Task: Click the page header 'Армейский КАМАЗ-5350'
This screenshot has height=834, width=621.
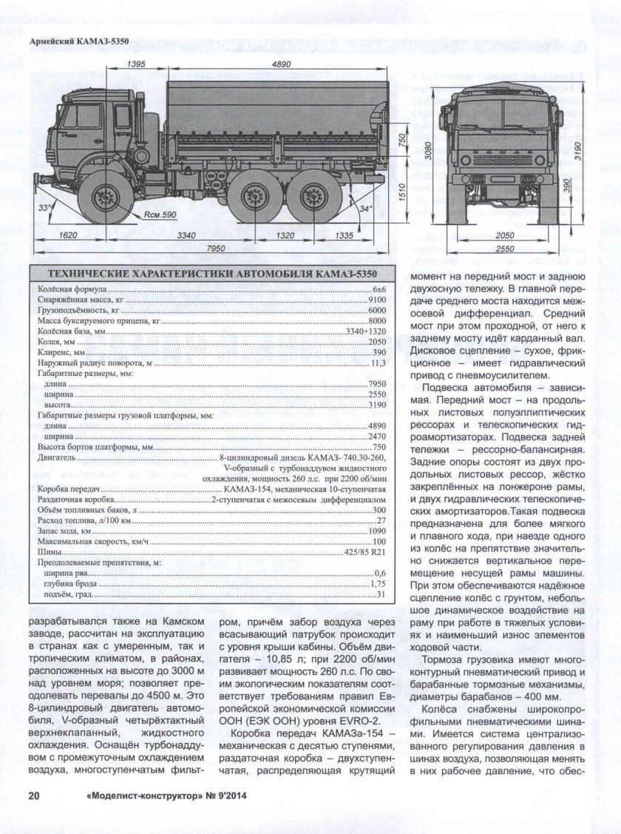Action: (x=78, y=41)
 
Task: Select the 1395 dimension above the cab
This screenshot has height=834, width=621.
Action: (x=135, y=65)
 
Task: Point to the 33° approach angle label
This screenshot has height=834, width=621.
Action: (x=47, y=208)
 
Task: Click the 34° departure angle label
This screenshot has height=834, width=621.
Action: (x=364, y=209)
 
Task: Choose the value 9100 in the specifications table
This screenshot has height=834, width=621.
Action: (x=377, y=300)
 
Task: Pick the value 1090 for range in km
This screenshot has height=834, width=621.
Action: (x=377, y=531)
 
